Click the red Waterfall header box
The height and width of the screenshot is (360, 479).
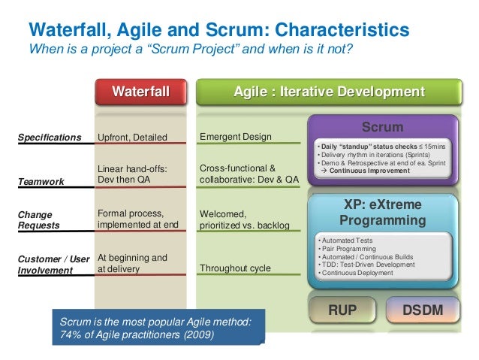point(140,92)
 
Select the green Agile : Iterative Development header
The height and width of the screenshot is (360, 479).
point(328,92)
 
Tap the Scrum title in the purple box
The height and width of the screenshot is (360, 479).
point(382,128)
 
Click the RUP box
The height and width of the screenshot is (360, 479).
point(342,309)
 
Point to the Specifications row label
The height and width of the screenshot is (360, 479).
point(50,138)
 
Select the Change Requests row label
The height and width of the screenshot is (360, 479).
point(41,219)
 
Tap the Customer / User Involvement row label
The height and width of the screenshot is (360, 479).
point(53,264)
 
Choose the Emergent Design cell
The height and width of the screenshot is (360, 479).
point(236,137)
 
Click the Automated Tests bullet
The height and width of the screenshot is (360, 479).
point(345,239)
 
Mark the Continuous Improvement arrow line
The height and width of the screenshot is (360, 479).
point(366,171)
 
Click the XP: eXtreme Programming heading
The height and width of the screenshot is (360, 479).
point(382,213)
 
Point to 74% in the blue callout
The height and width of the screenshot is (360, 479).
point(70,334)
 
